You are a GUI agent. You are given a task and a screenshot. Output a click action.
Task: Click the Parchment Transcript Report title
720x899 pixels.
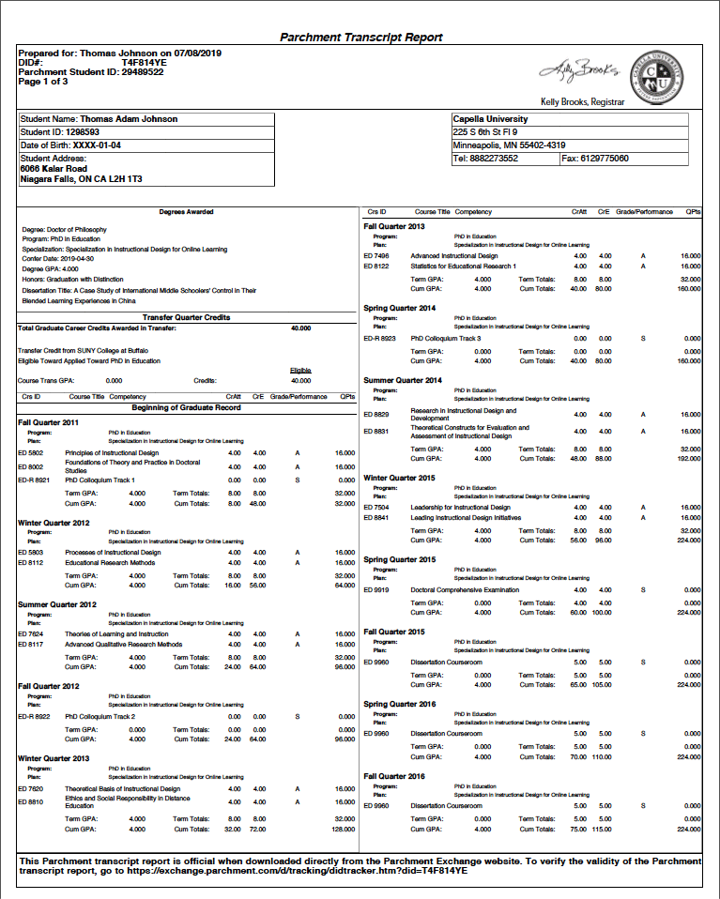361,38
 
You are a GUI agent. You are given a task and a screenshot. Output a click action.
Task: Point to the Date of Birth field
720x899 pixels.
70,145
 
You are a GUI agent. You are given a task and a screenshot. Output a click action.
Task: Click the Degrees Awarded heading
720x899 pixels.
186,212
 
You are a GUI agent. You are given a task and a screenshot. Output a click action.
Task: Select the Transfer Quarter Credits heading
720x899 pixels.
186,318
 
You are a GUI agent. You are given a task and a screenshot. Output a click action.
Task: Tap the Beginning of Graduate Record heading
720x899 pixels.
186,408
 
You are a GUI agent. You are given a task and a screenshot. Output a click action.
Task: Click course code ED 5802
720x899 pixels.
31,453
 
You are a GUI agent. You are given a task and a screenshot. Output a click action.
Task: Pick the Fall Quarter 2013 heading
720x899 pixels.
394,226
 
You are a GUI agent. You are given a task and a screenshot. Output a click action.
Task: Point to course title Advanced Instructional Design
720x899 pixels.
454,255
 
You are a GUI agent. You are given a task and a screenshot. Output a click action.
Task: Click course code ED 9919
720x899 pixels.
376,589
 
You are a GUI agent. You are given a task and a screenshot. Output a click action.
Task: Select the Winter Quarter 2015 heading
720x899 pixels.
398,478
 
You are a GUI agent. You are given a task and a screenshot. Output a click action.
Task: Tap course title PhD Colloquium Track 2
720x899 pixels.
100,716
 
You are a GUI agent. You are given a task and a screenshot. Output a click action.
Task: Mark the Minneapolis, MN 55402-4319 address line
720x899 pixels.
509,145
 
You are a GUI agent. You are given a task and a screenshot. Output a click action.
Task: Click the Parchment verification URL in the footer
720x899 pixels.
271,871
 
